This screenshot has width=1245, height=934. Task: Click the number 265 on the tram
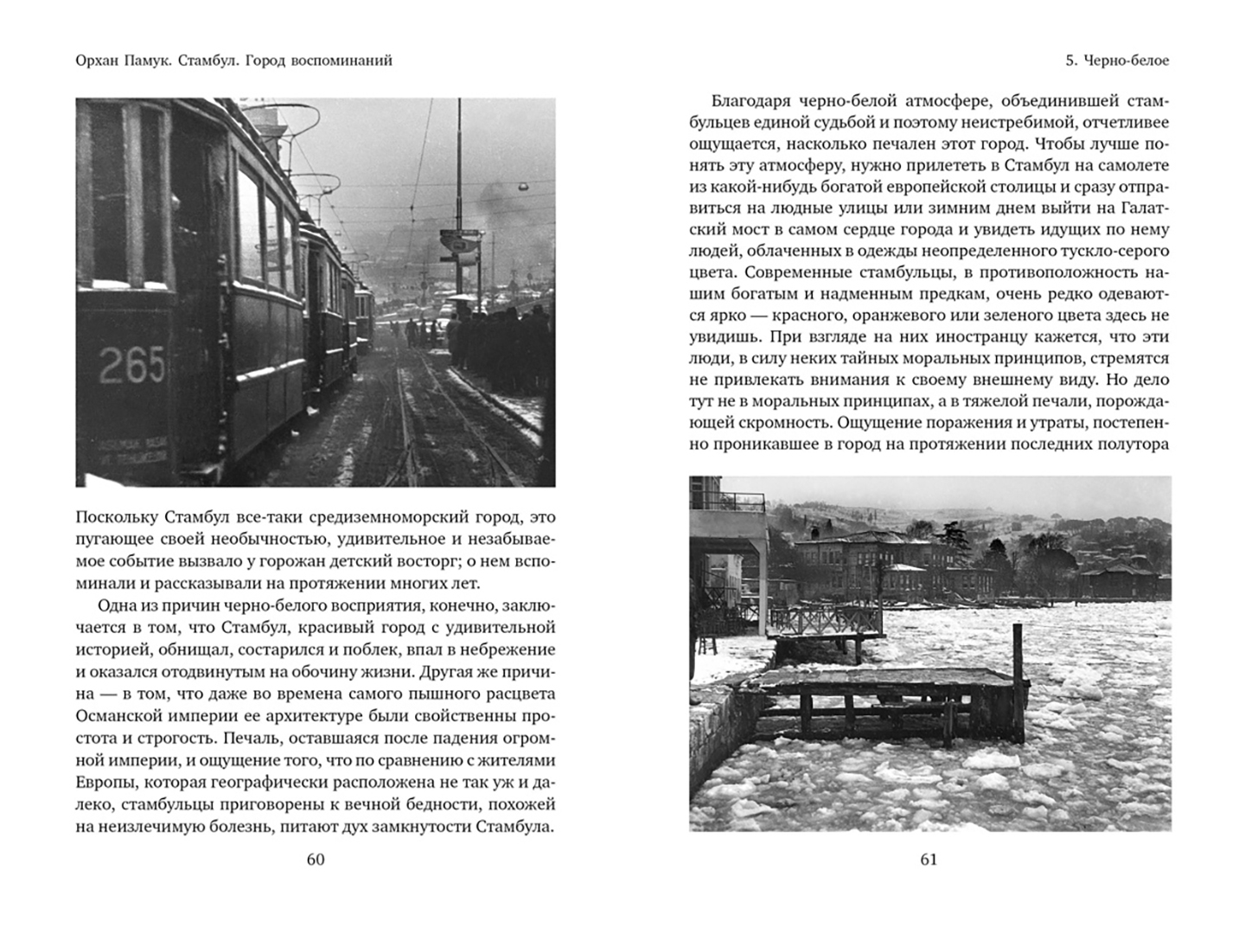pyautogui.click(x=131, y=364)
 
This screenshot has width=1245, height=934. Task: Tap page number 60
pyautogui.click(x=316, y=859)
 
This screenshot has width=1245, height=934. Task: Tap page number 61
pyautogui.click(x=929, y=859)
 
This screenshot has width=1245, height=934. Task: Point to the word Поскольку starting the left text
pyautogui.click(x=112, y=517)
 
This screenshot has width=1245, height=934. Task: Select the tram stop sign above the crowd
pyautogui.click(x=459, y=242)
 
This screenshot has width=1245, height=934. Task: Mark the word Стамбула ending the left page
pyautogui.click(x=514, y=828)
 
